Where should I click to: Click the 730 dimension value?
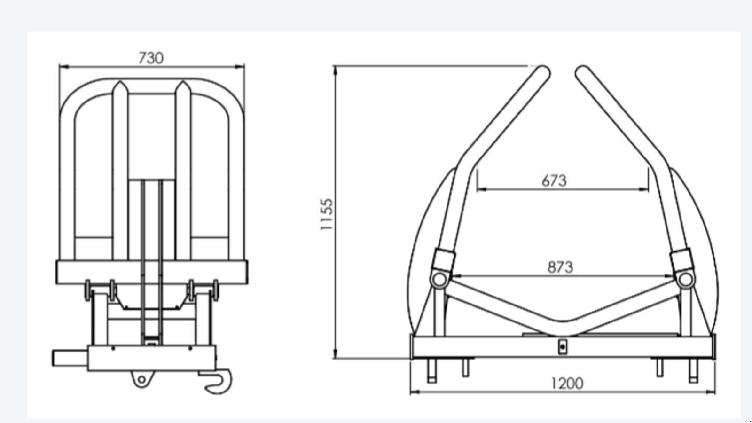tap(151, 58)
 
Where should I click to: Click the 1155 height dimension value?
tap(326, 214)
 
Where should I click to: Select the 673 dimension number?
tap(554, 180)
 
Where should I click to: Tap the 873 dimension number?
tap(560, 267)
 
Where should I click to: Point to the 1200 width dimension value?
tap(567, 384)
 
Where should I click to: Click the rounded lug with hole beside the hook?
tap(142, 378)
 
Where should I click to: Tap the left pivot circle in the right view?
tap(439, 279)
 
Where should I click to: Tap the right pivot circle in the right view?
tap(685, 279)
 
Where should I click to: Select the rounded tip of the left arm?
tap(544, 72)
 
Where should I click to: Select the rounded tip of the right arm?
tap(582, 72)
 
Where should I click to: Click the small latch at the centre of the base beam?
tap(563, 347)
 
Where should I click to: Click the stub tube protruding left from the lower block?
tap(69, 358)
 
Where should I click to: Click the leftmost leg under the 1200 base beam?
tap(431, 371)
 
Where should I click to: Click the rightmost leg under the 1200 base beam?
tap(693, 371)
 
